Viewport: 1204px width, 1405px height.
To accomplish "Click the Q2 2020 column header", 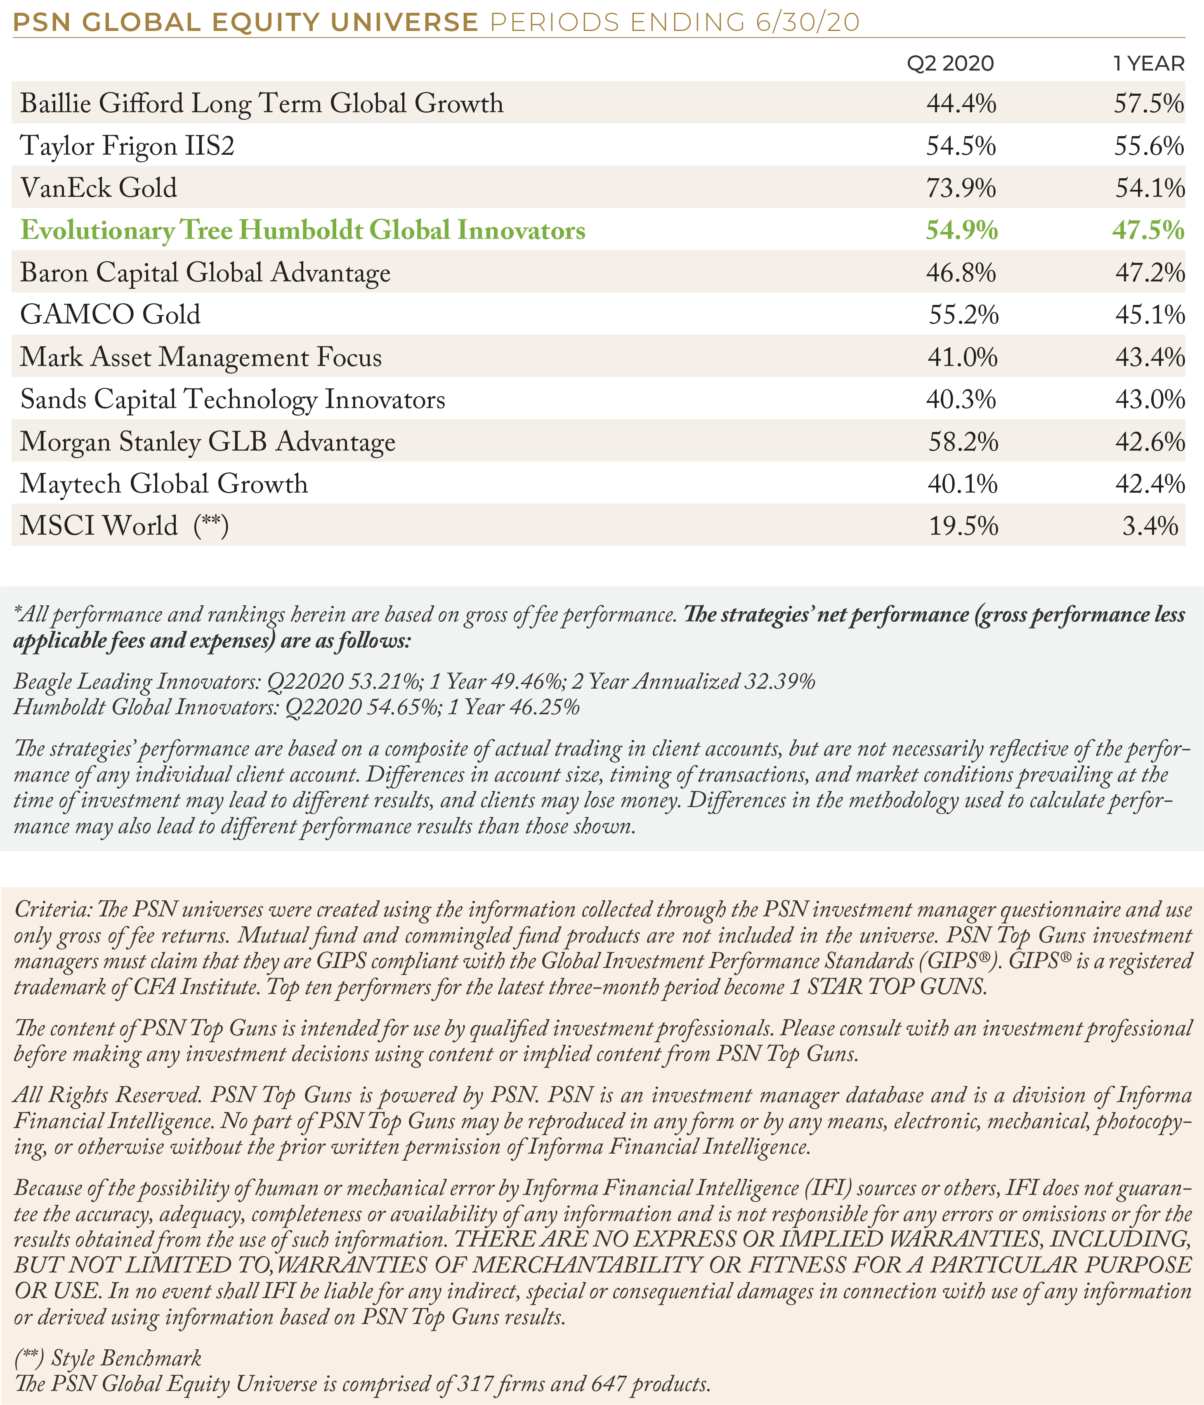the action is coord(951,64).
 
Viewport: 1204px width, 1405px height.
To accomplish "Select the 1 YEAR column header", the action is coord(1148,64).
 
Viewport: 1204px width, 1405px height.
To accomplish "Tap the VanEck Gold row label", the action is coord(99,187).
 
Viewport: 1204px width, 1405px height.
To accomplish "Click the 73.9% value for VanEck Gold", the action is coord(961,188).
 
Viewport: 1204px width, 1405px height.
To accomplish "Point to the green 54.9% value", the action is coord(962,230).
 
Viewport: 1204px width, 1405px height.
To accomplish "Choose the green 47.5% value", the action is coord(1148,230).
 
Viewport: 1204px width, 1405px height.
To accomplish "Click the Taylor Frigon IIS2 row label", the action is coord(127,146).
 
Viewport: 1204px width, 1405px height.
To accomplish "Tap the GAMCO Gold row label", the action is coord(111,314).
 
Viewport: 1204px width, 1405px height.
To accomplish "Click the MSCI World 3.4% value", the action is coord(1150,526).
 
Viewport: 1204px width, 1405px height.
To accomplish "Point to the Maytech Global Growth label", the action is coord(164,484).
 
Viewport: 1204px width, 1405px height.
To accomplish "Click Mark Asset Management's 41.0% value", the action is coord(963,357).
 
